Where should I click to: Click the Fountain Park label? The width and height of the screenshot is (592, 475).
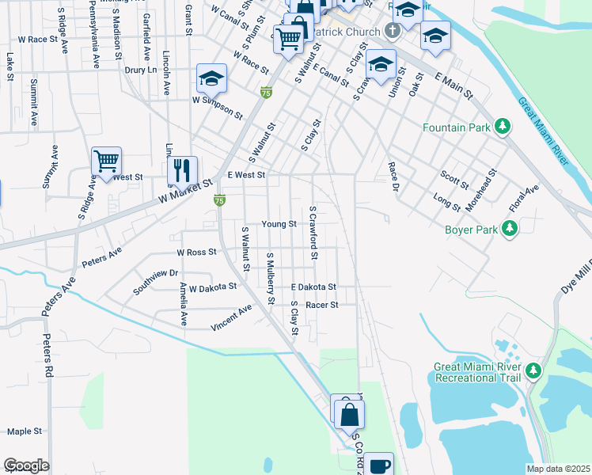point(457,127)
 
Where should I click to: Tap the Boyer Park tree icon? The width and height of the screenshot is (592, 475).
point(510,230)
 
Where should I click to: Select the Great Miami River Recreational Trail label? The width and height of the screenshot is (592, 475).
point(477,372)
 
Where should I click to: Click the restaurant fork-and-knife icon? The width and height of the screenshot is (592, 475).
point(182,169)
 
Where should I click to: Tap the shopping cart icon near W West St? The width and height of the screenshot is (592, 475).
point(106,161)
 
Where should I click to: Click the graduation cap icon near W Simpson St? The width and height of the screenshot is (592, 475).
point(212,78)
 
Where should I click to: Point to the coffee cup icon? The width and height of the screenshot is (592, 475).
point(379,465)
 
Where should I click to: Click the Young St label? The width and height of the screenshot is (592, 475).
point(279,224)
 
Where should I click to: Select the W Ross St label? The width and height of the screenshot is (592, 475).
point(196,253)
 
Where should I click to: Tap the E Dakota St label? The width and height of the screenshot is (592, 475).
point(313,287)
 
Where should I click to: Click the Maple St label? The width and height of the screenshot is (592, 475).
point(24,431)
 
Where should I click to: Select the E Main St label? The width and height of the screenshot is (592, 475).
point(453,85)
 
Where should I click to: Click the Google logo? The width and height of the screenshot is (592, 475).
point(25,465)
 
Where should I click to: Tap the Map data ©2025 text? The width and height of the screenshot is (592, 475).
point(558,469)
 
